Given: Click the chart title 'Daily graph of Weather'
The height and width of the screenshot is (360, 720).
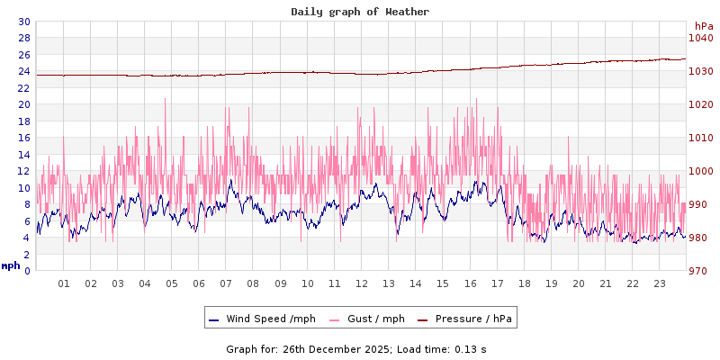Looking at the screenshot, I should pos(360,12).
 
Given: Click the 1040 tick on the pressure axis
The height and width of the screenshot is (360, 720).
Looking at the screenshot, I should pos(700,38).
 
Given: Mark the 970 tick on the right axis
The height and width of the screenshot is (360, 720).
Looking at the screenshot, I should pos(700,271).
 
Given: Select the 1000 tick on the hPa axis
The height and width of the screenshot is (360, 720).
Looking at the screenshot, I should pos(700,171).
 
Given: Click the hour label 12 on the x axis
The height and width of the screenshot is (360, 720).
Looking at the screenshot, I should pos(362,283).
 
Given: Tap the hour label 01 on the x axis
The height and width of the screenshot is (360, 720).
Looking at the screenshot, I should pos(64,283).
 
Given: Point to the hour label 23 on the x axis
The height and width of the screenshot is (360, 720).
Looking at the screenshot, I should pos(660,283).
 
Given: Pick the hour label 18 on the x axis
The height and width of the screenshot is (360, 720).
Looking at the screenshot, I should pos(525,283).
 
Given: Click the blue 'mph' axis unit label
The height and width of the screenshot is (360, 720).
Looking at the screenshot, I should pos(10,265).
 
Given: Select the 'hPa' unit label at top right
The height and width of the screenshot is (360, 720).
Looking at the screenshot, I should pos(704,26).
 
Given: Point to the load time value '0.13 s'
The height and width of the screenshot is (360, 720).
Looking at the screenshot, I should pos(471,348).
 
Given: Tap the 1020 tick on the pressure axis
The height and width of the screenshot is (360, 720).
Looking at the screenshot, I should pos(700,104).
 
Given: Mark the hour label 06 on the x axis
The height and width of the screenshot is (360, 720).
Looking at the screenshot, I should pos(199,283).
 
